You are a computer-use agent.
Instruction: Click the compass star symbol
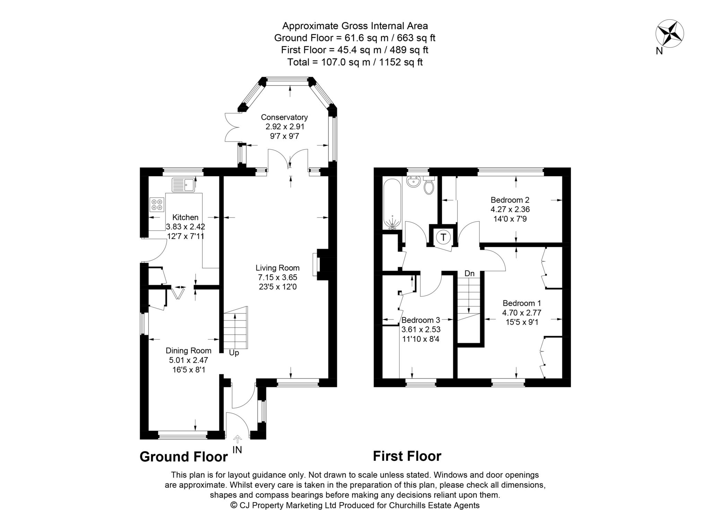(x=669, y=34)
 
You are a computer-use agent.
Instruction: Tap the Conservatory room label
(x=284, y=117)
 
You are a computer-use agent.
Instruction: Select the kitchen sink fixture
(x=184, y=185)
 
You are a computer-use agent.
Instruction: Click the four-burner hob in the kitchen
(x=157, y=204)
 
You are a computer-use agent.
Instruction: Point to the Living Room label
(x=277, y=268)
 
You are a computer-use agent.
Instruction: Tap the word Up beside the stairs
(x=234, y=353)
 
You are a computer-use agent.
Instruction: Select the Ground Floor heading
(x=183, y=457)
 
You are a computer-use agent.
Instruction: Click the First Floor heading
(x=407, y=456)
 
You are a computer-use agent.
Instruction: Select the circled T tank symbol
(x=443, y=237)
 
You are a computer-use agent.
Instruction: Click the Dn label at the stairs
(x=469, y=273)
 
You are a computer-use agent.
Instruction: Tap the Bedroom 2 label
(x=510, y=200)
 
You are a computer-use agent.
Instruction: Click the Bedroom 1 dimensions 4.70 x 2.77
(x=521, y=312)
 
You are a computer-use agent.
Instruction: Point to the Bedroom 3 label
(x=421, y=320)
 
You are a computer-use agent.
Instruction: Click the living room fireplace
(x=321, y=264)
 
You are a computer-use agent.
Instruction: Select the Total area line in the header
(x=355, y=62)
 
